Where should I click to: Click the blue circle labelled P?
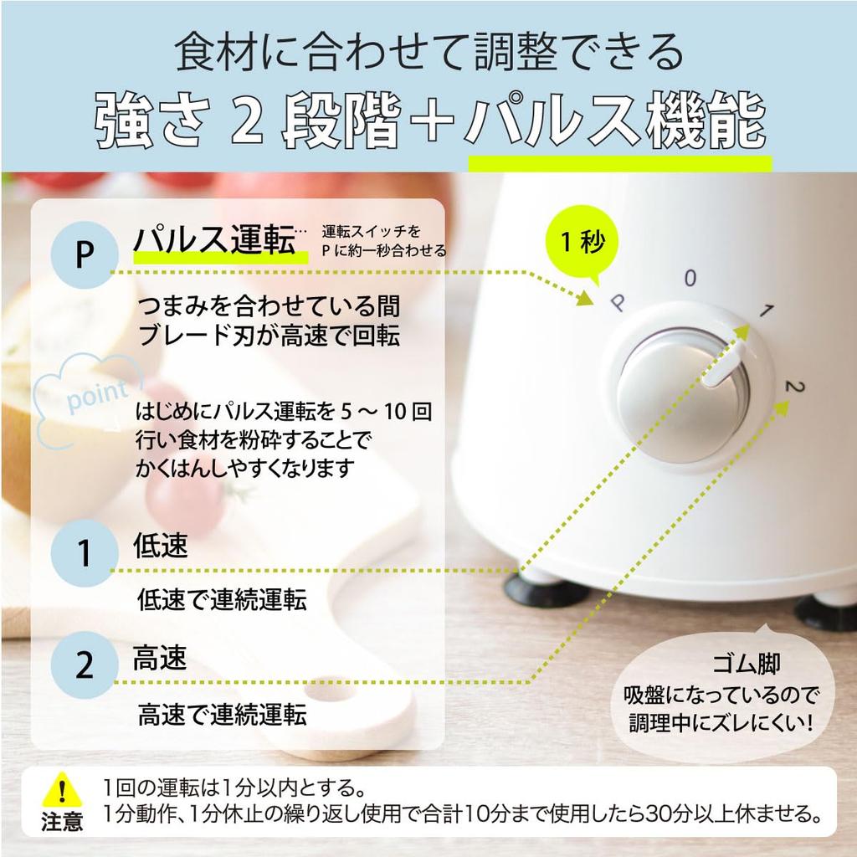pyautogui.click(x=85, y=254)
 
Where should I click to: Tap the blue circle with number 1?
pyautogui.click(x=85, y=553)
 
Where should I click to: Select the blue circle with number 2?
pyautogui.click(x=85, y=665)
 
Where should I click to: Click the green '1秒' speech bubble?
pyautogui.click(x=582, y=242)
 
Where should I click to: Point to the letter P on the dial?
pyautogui.click(x=618, y=302)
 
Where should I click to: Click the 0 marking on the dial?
pyautogui.click(x=690, y=278)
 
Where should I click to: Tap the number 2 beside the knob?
pyautogui.click(x=794, y=387)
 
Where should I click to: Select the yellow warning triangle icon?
pyautogui.click(x=62, y=791)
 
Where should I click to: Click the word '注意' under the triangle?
pyautogui.click(x=62, y=822)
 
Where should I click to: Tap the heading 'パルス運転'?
pyautogui.click(x=214, y=240)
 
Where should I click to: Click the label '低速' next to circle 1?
pyautogui.click(x=160, y=545)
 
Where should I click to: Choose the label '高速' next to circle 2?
pyautogui.click(x=160, y=658)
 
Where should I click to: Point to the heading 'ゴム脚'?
pyautogui.click(x=746, y=664)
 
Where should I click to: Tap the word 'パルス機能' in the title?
pyautogui.click(x=615, y=121)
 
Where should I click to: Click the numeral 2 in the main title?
pyautogui.click(x=247, y=122)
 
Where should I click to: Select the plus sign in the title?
pyautogui.click(x=433, y=121)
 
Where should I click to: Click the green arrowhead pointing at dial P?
pyautogui.click(x=586, y=298)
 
